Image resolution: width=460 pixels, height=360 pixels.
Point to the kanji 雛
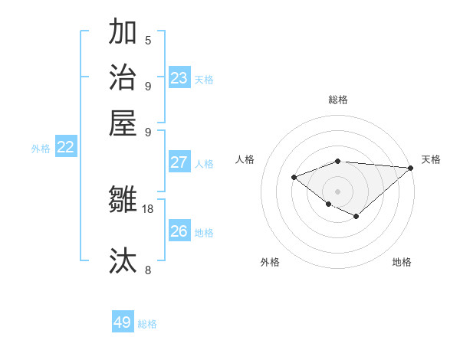pyautogui.click(x=123, y=200)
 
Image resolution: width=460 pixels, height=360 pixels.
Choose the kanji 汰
pyautogui.click(x=123, y=260)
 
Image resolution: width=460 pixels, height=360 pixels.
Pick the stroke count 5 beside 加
pyautogui.click(x=148, y=41)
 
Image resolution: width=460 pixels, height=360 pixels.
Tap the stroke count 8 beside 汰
pyautogui.click(x=148, y=270)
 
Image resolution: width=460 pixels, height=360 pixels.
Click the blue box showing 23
pyautogui.click(x=179, y=77)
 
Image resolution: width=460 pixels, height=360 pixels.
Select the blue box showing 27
pyautogui.click(x=179, y=162)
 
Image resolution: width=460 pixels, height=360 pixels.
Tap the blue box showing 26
pyautogui.click(x=179, y=231)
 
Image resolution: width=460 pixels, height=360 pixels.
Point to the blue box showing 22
pyautogui.click(x=66, y=148)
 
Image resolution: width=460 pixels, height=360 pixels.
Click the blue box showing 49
pyautogui.click(x=123, y=322)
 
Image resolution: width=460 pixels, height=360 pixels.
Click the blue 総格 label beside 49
pyautogui.click(x=147, y=324)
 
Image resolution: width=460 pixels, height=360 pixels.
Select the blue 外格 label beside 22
pyautogui.click(x=41, y=149)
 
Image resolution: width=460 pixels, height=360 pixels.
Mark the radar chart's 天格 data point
pyautogui.click(x=411, y=168)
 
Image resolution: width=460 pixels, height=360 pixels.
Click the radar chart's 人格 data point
pyautogui.click(x=294, y=178)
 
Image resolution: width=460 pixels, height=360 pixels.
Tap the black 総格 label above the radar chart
pyautogui.click(x=338, y=100)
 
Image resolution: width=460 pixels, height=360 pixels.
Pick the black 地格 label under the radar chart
pyautogui.click(x=402, y=263)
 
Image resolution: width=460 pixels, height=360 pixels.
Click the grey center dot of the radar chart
pyautogui.click(x=337, y=191)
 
